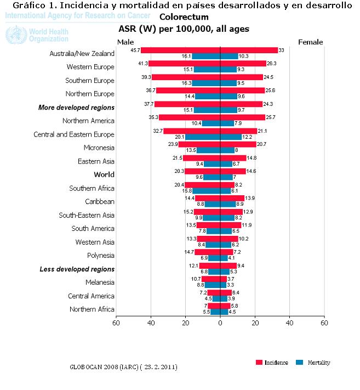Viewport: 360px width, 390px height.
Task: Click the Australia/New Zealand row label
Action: click(x=82, y=54)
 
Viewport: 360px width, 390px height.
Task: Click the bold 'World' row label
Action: click(x=104, y=174)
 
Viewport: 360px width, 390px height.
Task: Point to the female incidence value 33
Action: click(x=282, y=50)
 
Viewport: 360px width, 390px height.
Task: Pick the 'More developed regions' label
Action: click(x=77, y=108)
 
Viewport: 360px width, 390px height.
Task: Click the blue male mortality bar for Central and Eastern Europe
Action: click(x=202, y=137)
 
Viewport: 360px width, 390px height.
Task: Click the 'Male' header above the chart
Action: click(x=125, y=42)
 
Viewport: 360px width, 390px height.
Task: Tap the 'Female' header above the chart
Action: click(x=310, y=42)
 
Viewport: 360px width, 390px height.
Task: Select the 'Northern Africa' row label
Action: click(x=92, y=309)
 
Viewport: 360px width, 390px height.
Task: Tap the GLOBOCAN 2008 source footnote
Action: click(x=123, y=366)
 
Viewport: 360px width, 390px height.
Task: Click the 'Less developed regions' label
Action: click(x=77, y=269)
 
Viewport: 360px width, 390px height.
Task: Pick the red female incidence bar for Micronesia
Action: click(x=238, y=144)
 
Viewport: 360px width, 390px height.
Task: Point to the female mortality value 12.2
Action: click(x=247, y=137)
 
